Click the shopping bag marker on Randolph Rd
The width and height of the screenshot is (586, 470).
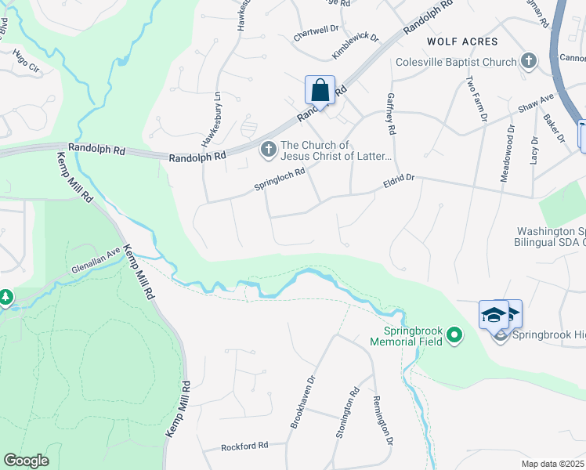coord(320,90)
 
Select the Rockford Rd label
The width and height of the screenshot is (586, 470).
coord(244,445)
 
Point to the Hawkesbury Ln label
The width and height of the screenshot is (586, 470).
coord(208,118)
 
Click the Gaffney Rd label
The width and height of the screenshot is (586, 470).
coord(391,112)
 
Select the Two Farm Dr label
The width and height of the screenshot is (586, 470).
coord(476,99)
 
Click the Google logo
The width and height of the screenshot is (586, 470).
coord(27,461)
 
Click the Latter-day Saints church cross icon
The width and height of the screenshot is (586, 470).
coord(269,148)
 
